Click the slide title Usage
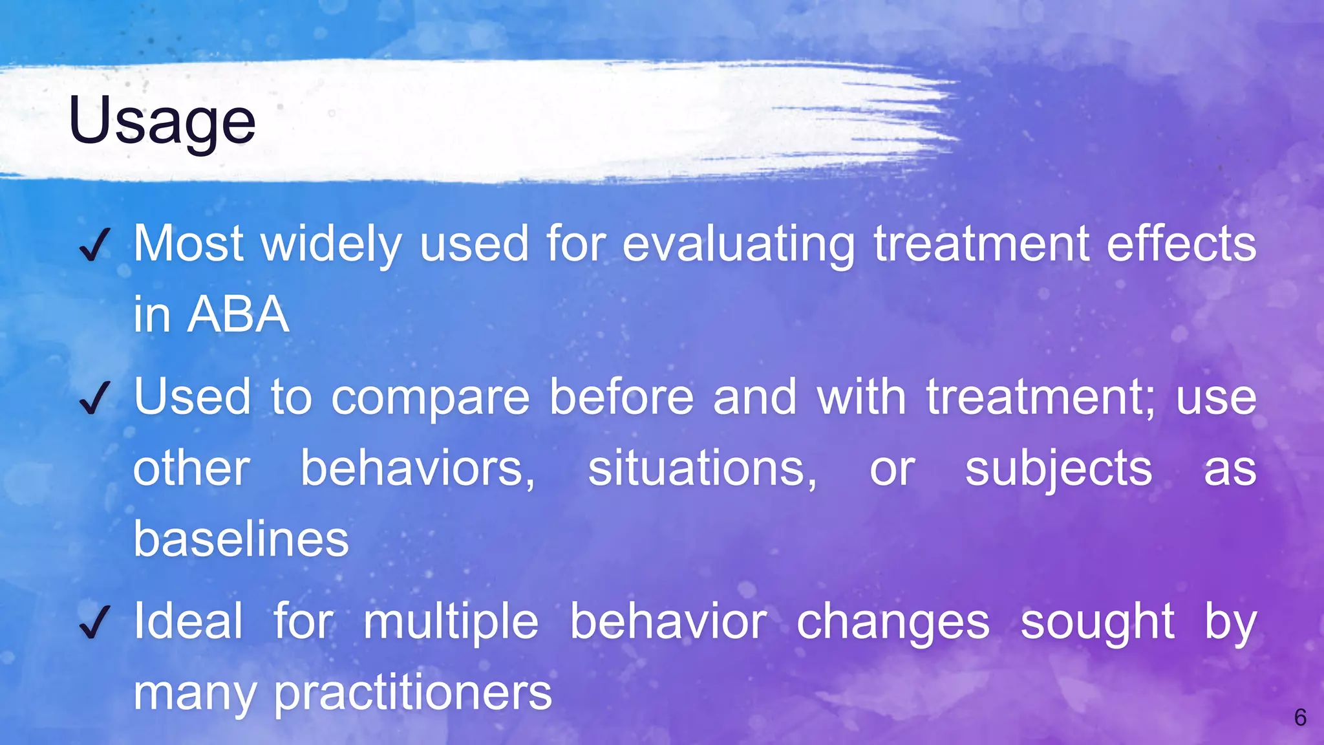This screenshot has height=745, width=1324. (x=162, y=121)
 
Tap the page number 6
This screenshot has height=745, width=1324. (x=1300, y=717)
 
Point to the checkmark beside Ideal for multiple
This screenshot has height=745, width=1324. (x=94, y=622)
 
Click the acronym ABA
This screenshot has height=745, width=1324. (x=238, y=315)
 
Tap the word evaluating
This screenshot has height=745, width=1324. (x=738, y=245)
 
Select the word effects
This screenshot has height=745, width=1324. (x=1181, y=244)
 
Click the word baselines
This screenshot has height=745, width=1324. (x=241, y=539)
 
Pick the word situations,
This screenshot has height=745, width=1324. (x=702, y=468)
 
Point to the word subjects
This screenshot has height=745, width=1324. (x=1058, y=470)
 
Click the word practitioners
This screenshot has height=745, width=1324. (x=413, y=693)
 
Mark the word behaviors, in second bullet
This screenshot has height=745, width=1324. (x=418, y=468)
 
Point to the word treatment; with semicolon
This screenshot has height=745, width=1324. (x=1040, y=397)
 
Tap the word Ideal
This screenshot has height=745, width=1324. (x=188, y=621)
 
